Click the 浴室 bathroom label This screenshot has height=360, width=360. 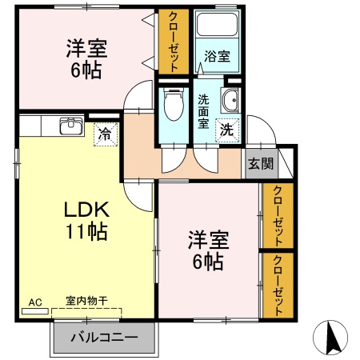217,57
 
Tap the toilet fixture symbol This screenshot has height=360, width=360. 172,104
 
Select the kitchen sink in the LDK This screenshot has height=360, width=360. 71,126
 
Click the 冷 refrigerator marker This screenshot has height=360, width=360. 104,134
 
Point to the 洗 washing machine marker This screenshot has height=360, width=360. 227,128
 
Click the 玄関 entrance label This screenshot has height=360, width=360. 260,164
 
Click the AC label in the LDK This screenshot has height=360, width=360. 34,302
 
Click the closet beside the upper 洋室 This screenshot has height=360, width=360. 173,42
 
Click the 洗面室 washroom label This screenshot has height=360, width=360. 204,112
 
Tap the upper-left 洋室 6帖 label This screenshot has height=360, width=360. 84,59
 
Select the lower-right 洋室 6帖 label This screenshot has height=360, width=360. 208,250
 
